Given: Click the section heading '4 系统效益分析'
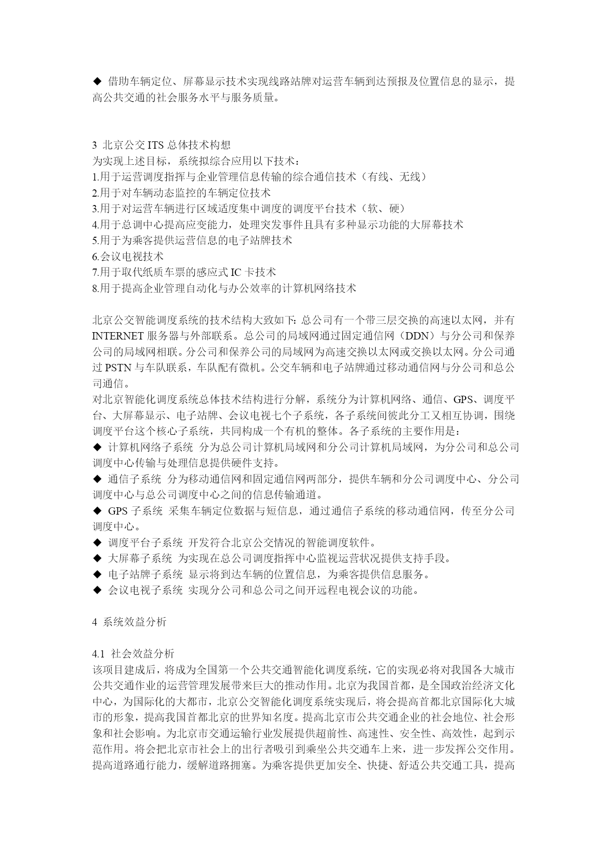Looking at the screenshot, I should coord(129,622).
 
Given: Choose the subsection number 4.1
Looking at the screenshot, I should coord(98,654).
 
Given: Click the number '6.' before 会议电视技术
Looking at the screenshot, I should coord(96,257).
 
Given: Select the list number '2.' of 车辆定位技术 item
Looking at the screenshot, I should coord(96,193).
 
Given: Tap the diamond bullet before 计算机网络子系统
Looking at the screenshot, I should coord(96,447).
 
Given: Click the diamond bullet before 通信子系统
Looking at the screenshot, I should coord(96,479).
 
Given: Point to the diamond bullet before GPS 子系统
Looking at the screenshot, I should coord(96,511).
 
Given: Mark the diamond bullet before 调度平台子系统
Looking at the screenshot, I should coord(96,542).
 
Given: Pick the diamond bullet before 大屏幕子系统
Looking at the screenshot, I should coord(96,558).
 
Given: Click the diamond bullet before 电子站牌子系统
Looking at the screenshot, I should coord(96,574).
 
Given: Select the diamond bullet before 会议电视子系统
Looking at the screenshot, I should coord(96,590).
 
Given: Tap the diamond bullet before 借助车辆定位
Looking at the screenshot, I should coord(96,81).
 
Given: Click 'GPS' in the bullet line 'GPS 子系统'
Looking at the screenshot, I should coord(117,511).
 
